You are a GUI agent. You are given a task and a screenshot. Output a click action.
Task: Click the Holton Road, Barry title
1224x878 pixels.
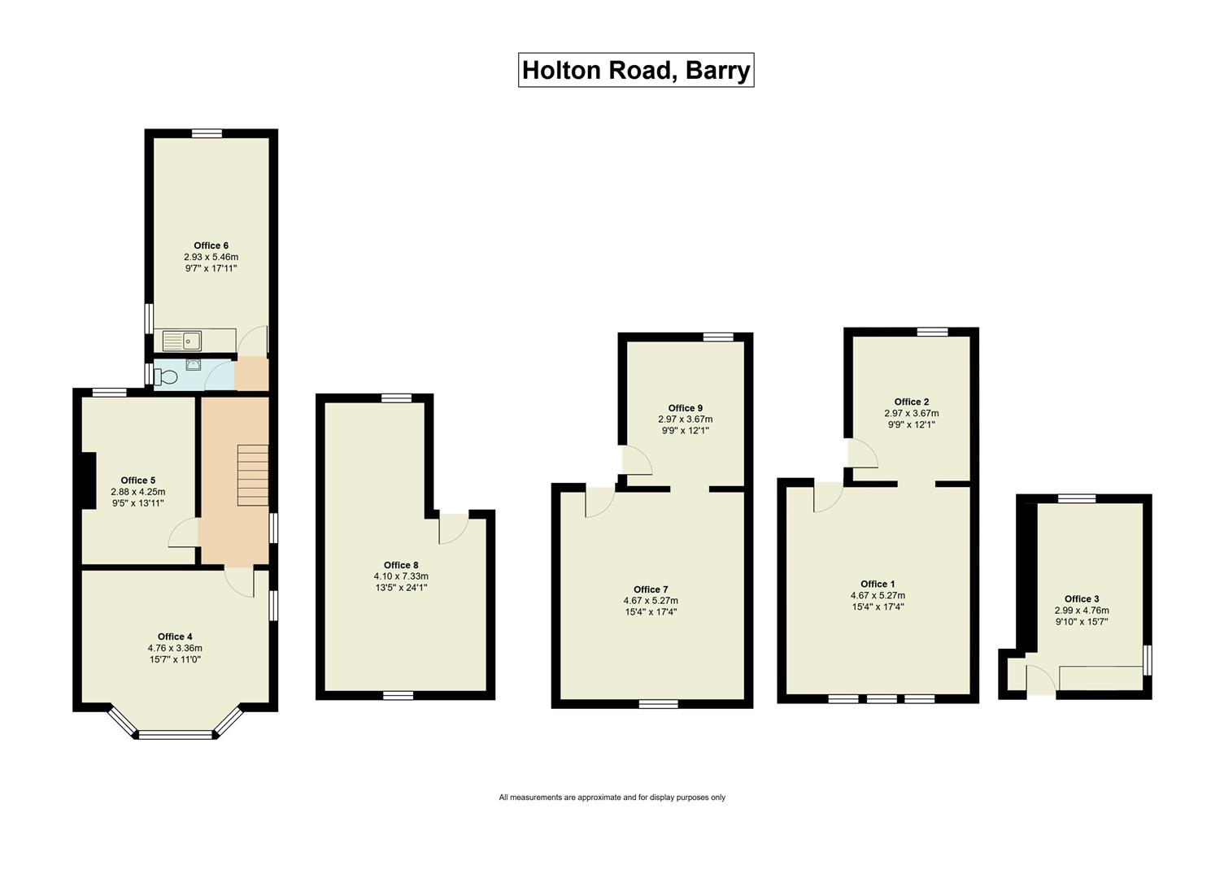(x=635, y=70)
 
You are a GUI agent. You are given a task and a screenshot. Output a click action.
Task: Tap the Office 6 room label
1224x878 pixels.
(x=211, y=246)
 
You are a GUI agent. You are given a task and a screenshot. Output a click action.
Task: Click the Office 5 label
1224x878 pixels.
(x=137, y=480)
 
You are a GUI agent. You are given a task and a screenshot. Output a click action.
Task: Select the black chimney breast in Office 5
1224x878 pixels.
(x=87, y=479)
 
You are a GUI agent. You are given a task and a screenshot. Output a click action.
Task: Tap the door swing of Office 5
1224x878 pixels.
(x=183, y=533)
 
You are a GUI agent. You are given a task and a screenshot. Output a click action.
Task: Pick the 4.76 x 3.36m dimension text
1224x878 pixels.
(x=175, y=648)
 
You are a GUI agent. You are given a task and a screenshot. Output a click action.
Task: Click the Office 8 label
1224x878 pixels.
(x=401, y=565)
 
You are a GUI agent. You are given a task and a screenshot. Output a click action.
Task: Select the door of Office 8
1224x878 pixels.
(x=453, y=528)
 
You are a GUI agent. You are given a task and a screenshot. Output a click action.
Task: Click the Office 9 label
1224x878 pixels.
(x=685, y=408)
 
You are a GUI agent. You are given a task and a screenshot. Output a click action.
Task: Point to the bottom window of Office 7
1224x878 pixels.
(x=658, y=704)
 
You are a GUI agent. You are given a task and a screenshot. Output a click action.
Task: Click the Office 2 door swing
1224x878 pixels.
(x=862, y=454)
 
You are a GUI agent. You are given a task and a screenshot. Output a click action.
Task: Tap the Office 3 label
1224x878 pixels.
(x=1082, y=599)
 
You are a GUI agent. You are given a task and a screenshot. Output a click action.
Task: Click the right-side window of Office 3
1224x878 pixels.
(x=1148, y=660)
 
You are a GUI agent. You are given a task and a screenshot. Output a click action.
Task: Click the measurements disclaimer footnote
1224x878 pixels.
(x=612, y=798)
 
